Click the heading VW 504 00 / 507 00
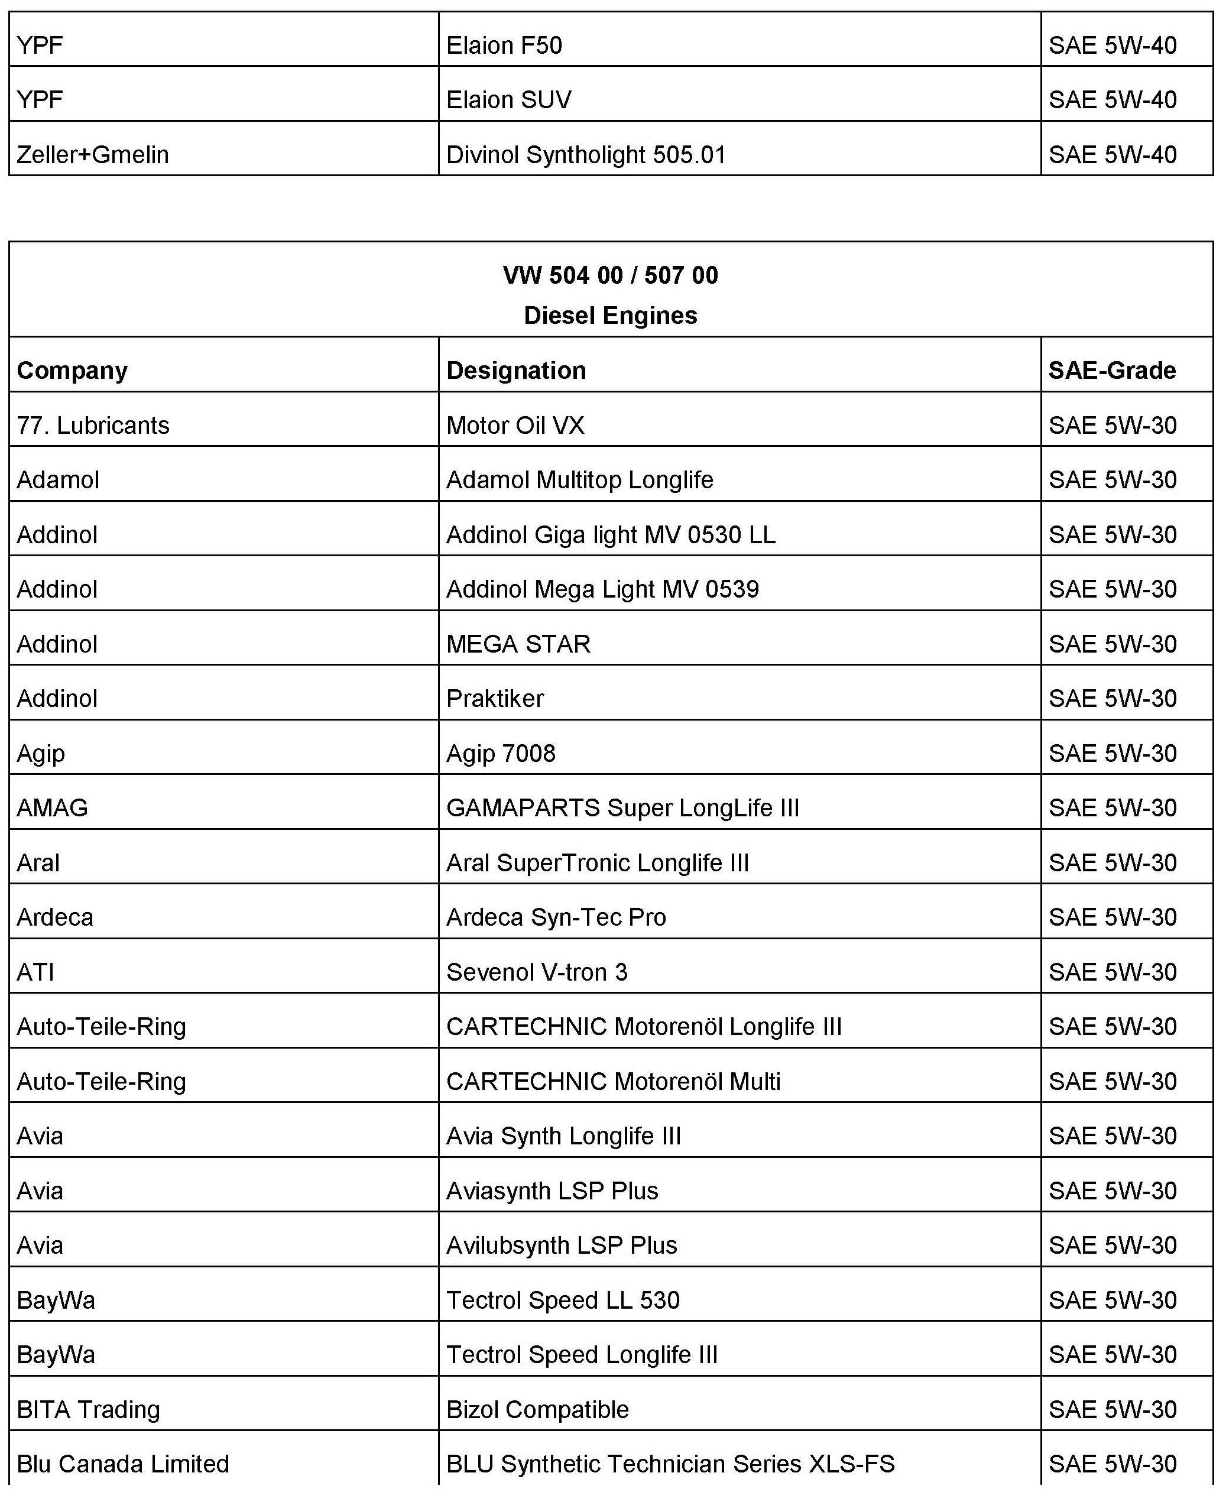tap(610, 275)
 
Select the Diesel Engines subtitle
tap(610, 316)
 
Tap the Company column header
tap(72, 371)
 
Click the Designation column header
tap(516, 371)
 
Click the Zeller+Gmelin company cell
tap(93, 155)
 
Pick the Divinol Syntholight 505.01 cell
tap(586, 155)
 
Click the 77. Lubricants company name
tap(93, 426)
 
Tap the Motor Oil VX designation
tap(515, 426)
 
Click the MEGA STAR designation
tap(518, 644)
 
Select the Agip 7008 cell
tap(501, 754)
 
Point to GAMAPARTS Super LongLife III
tap(622, 808)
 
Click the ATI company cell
tap(35, 972)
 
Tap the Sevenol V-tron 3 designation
tap(537, 972)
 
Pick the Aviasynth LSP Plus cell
tap(552, 1191)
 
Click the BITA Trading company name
tap(88, 1410)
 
